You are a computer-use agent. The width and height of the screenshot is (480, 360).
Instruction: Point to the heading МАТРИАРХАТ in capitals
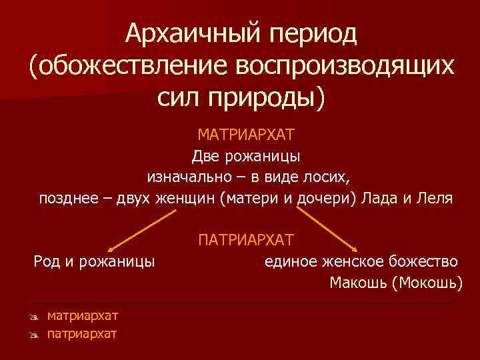[x=246, y=135]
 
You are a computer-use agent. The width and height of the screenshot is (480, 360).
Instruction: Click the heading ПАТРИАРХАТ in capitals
[x=246, y=239]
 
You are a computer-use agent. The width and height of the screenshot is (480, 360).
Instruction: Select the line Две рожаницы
[x=246, y=157]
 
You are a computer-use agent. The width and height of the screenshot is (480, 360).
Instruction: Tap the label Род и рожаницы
[x=95, y=261]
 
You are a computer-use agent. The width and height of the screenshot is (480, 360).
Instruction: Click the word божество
[x=427, y=261]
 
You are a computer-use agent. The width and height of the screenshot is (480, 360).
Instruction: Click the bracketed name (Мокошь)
[x=427, y=282]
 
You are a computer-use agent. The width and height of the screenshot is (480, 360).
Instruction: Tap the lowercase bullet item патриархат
[x=82, y=333]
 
